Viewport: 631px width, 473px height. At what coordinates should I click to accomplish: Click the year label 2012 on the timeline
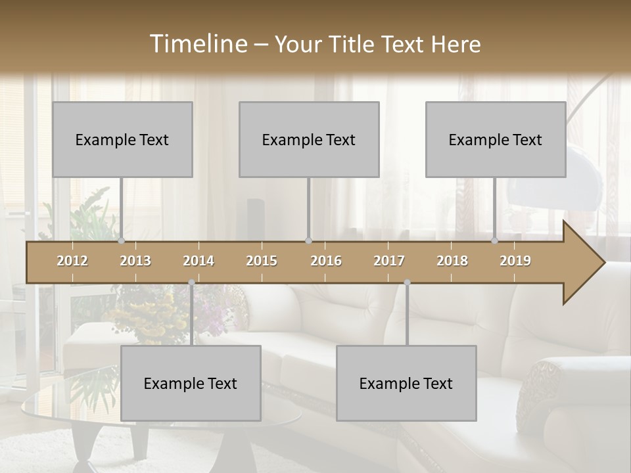pos(72,261)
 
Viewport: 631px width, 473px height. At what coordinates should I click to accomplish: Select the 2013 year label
pos(135,261)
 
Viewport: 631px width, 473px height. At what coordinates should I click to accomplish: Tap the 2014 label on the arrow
pos(199,261)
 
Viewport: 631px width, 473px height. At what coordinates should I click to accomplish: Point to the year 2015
pos(262,261)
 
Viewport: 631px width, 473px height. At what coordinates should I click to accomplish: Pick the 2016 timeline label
pos(326,261)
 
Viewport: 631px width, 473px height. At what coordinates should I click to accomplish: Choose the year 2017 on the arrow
pos(389,261)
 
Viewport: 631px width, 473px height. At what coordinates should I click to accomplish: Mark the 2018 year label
pos(452,261)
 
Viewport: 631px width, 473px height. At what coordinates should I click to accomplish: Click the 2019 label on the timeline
pos(515,261)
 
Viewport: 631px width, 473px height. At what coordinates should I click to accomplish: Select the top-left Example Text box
pos(122,139)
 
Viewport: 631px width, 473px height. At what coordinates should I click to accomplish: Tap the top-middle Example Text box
pos(309,139)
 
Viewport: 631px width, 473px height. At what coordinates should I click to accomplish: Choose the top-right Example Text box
pos(496,139)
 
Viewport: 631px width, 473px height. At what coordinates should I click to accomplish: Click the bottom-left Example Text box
pos(191,383)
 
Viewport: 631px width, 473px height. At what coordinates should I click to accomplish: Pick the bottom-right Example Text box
pos(406,383)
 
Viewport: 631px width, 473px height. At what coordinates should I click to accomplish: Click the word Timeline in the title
pos(197,44)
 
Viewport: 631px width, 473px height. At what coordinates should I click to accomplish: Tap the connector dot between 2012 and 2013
pos(122,240)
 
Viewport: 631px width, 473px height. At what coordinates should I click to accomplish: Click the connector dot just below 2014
pos(191,282)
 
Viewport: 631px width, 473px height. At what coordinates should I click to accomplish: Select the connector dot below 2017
pos(407,282)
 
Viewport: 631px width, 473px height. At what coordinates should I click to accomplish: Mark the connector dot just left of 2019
pos(495,240)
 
